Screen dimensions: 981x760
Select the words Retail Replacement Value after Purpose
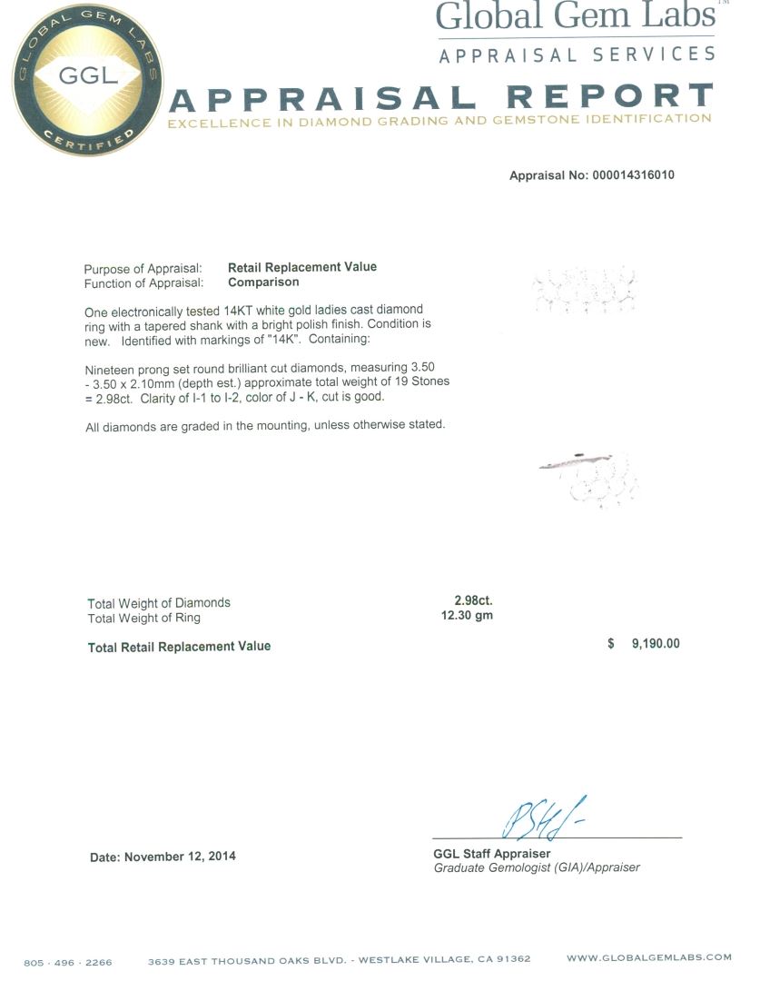pyautogui.click(x=301, y=267)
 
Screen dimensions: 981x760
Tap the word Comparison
pyautogui.click(x=263, y=282)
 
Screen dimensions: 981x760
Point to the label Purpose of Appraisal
pyautogui.click(x=143, y=269)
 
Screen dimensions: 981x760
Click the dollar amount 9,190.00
pyautogui.click(x=655, y=644)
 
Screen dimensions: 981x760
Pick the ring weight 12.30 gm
pyautogui.click(x=467, y=616)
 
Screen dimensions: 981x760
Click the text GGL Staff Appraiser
pyautogui.click(x=491, y=854)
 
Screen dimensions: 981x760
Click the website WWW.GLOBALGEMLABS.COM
pyautogui.click(x=648, y=957)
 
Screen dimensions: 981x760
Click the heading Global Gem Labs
pyautogui.click(x=574, y=16)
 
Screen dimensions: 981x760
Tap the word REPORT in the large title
pyautogui.click(x=609, y=95)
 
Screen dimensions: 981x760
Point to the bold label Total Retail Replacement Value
pyautogui.click(x=179, y=647)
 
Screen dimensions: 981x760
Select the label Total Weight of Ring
pyautogui.click(x=143, y=618)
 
